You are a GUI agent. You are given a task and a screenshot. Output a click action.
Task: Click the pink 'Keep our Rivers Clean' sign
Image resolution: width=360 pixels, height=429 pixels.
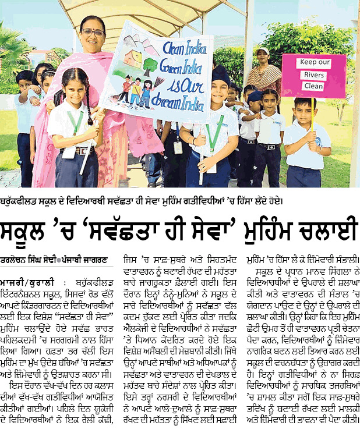point(313,75)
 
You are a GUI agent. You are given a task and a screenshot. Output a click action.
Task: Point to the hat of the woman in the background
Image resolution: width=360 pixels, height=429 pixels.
point(262,52)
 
